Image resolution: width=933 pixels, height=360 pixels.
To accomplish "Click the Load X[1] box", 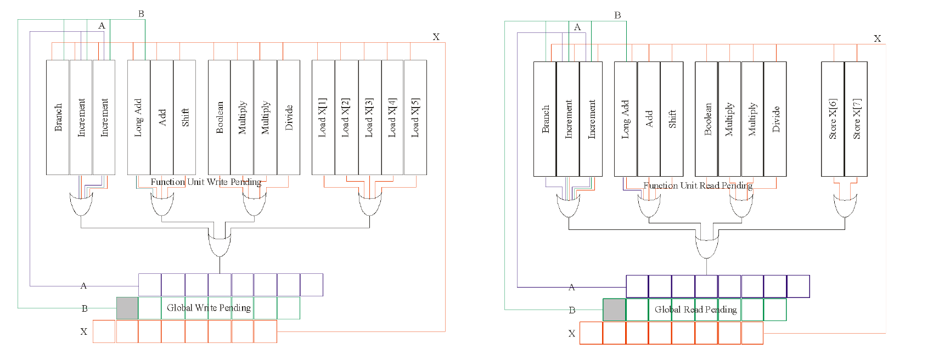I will [323, 117].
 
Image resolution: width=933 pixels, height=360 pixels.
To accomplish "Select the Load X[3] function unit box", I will [370, 117].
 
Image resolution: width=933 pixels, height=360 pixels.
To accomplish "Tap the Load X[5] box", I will [415, 117].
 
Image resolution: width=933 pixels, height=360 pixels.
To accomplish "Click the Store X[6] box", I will [833, 119].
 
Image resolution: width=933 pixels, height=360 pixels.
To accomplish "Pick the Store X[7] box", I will [856, 119].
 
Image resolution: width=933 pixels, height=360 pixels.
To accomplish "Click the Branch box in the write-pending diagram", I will [58, 117].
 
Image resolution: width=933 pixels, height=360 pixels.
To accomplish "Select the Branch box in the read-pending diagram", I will [545, 119].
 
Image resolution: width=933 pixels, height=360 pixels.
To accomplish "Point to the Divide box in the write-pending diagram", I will [289, 117].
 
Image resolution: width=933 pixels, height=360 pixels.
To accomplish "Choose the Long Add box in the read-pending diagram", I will [626, 119].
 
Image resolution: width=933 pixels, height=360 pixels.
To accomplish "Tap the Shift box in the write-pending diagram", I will [185, 117].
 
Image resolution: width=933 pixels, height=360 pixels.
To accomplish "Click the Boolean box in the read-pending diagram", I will [707, 119].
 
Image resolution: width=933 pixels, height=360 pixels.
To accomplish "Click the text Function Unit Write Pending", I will [206, 182].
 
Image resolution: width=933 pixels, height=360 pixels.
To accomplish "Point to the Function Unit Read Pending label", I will [698, 186].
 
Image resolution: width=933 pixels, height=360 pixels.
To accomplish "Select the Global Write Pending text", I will [209, 308].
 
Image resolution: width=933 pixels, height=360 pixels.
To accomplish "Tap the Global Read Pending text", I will [695, 310].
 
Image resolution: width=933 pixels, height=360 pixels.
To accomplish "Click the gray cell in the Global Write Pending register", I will [127, 308].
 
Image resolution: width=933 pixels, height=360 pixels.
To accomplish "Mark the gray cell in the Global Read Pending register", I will [614, 310].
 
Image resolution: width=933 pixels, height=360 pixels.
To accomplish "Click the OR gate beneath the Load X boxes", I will [370, 205].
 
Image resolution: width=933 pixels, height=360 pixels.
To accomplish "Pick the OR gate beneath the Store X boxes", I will [845, 206].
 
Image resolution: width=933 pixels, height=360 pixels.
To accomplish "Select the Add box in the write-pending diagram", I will [162, 117].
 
